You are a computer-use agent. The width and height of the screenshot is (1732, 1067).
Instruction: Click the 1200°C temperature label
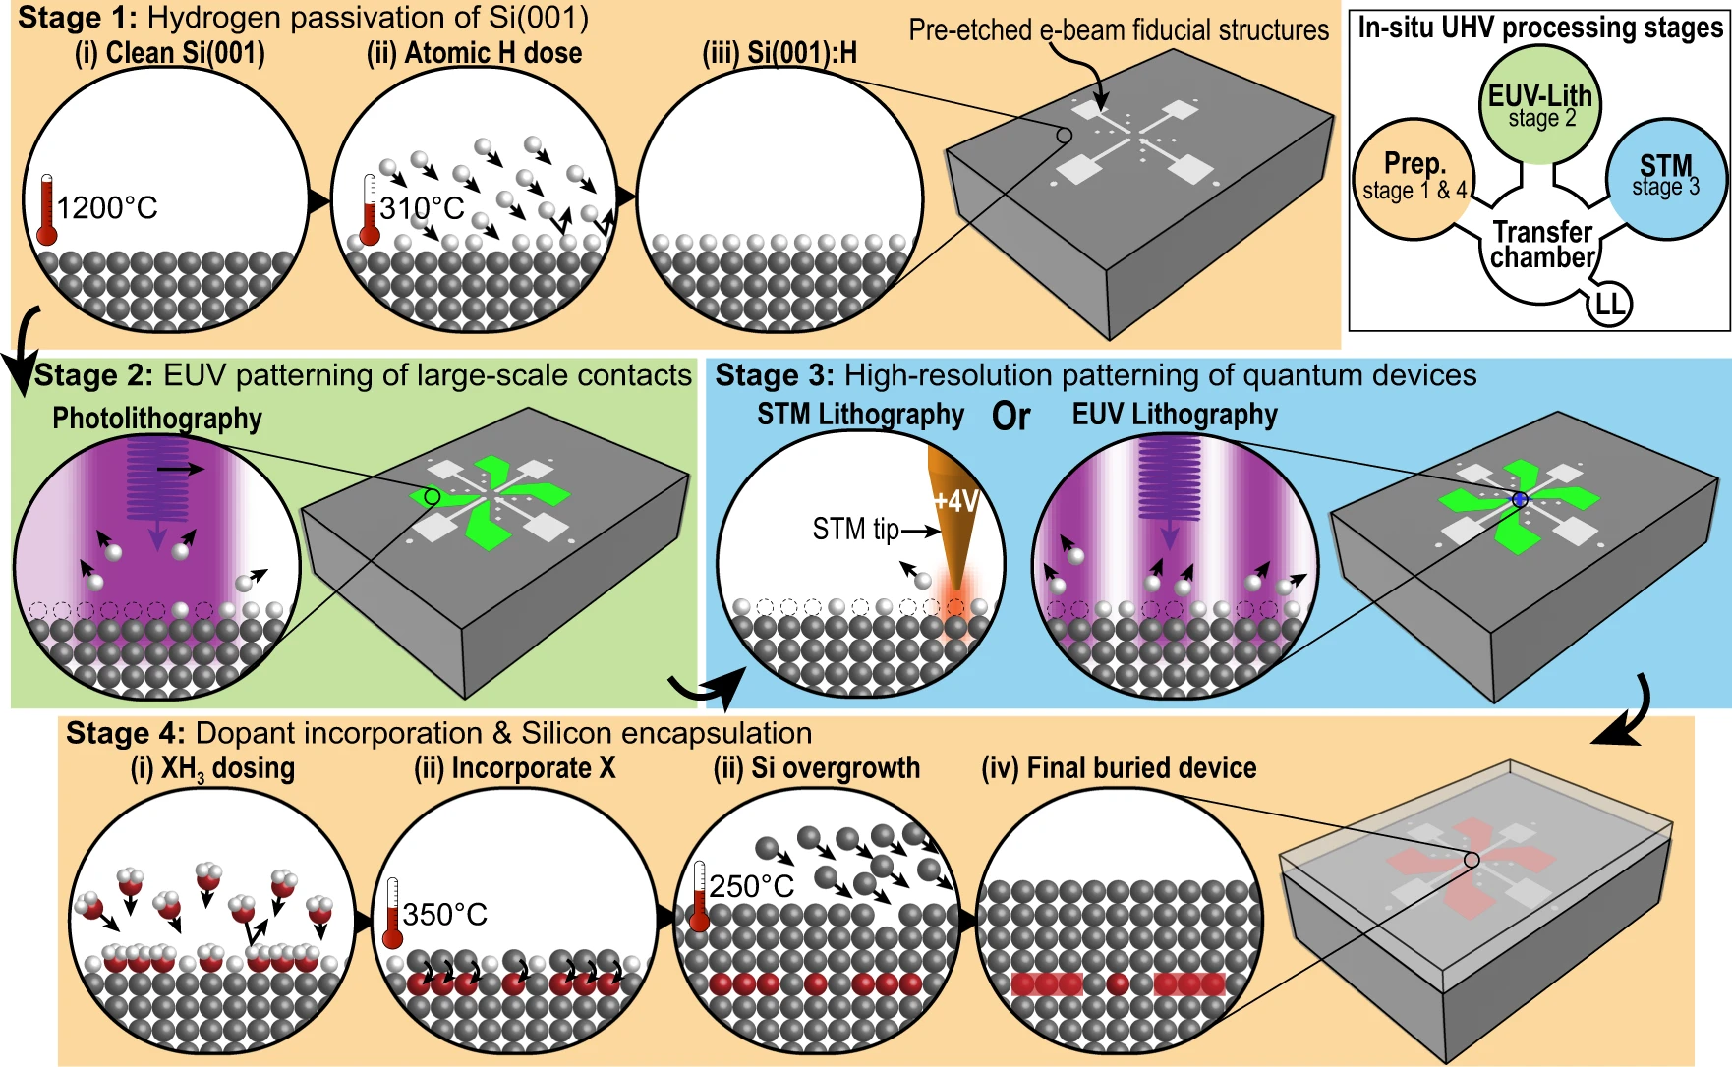[107, 208]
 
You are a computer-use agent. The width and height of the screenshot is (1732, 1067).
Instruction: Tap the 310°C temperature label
[422, 208]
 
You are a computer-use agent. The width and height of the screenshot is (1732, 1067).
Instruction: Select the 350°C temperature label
[445, 915]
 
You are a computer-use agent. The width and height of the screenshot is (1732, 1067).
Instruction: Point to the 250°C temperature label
[752, 886]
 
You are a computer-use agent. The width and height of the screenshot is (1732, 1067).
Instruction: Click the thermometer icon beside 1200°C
[46, 210]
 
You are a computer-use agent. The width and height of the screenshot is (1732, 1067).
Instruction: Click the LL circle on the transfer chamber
[1609, 305]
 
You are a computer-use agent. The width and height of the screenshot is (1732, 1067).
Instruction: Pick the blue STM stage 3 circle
[1666, 176]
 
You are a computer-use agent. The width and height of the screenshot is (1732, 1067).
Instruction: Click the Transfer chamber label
[1542, 245]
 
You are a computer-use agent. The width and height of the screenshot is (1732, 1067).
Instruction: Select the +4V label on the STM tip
[956, 501]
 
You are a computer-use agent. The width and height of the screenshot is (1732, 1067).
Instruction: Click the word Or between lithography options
[1011, 417]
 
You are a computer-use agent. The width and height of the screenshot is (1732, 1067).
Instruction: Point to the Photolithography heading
[157, 419]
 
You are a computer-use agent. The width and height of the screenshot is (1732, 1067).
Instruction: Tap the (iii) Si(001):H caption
[779, 53]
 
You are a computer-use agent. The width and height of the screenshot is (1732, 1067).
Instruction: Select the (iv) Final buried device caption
[1119, 768]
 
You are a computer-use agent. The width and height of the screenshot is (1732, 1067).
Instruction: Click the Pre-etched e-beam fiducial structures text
[1119, 30]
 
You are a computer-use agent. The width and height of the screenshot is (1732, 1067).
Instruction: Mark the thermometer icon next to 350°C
[393, 914]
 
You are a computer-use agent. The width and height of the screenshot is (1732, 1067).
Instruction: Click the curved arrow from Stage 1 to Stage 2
[25, 349]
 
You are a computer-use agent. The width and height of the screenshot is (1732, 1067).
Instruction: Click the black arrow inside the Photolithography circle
[181, 470]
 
